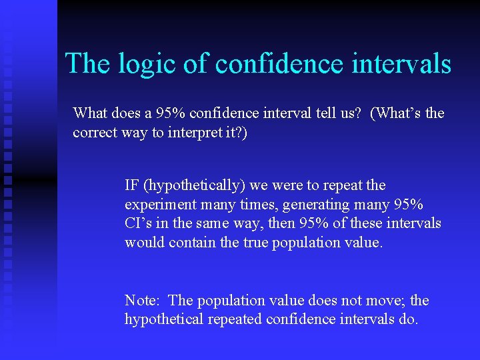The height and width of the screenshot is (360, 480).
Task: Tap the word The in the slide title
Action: (83, 64)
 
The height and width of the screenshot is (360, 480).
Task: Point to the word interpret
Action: (192, 132)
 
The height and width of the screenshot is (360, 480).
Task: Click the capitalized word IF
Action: (132, 185)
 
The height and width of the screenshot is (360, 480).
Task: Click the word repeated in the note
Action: (235, 319)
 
